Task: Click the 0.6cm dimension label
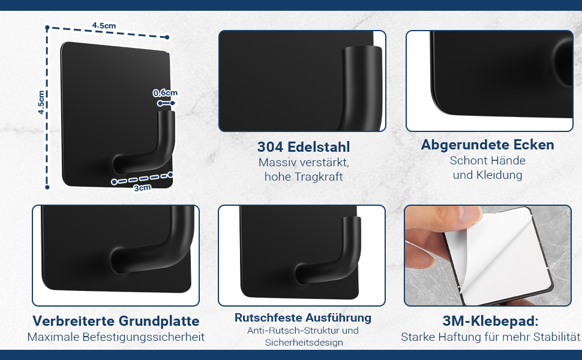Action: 165,93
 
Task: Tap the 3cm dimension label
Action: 143,188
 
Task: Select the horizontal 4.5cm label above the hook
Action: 104,26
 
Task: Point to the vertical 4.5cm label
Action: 41,103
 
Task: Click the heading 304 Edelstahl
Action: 304,147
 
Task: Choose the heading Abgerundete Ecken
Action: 487,145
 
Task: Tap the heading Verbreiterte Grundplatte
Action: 116,321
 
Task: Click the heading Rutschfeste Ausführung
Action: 303,317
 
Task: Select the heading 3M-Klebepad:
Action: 490,321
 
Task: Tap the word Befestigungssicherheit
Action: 143,337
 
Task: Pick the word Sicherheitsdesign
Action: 304,342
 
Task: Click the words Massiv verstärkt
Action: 304,163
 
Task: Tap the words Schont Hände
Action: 487,161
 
